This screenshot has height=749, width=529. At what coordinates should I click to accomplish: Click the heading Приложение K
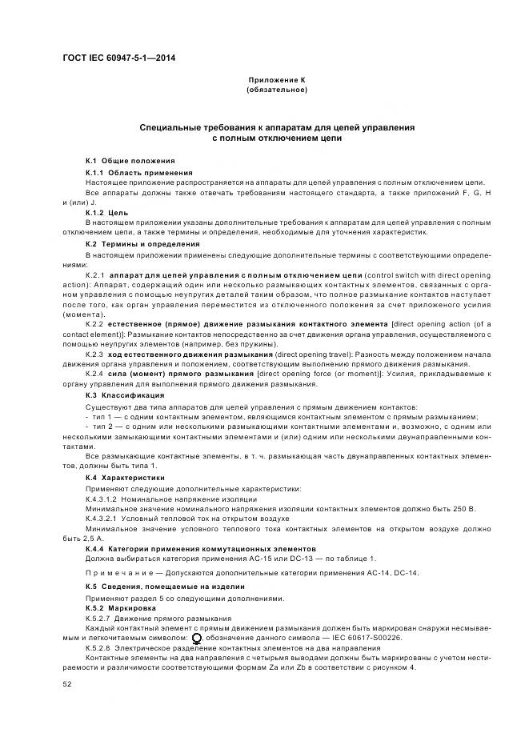tap(277, 81)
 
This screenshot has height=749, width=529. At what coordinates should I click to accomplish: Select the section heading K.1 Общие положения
tap(130, 161)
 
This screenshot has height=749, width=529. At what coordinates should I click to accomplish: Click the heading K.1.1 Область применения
tap(138, 173)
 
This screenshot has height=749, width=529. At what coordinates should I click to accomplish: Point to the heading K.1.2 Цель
tap(106, 213)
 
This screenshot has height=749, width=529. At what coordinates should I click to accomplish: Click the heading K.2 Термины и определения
tap(142, 243)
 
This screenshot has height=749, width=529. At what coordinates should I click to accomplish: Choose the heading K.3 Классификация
tap(125, 395)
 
